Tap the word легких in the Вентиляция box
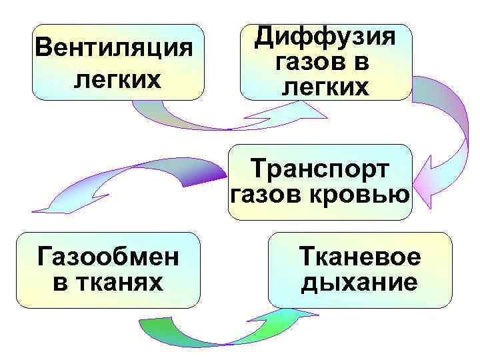coord(117,79)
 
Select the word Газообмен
coord(108,255)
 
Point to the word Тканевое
coord(361,257)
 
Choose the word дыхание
coord(361,283)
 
